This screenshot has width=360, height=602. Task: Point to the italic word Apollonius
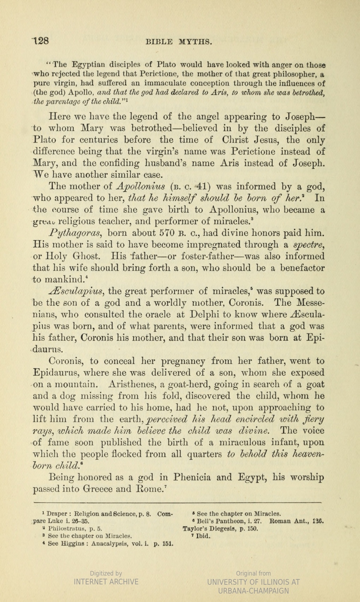140,186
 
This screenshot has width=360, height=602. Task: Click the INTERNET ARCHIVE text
106,582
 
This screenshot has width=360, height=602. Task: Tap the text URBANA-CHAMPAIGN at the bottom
253,591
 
